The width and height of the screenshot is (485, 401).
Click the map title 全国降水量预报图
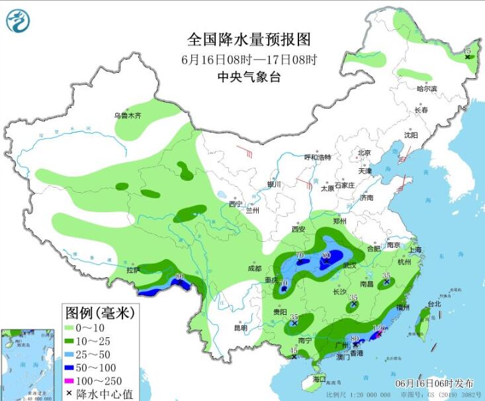(x=249, y=39)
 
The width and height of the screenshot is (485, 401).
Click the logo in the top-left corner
(x=18, y=21)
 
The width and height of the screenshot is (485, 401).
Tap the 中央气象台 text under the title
(x=249, y=77)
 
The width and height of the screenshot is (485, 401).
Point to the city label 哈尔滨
(x=427, y=89)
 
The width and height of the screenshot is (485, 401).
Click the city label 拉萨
(x=133, y=270)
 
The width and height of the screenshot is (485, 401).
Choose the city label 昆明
(x=240, y=327)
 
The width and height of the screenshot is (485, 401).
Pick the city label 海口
(x=320, y=380)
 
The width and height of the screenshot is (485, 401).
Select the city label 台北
(x=433, y=304)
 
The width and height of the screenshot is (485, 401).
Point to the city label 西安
(x=297, y=229)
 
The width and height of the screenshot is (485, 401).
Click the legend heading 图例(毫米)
(x=100, y=311)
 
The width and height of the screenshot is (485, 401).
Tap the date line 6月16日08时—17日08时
(x=249, y=58)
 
